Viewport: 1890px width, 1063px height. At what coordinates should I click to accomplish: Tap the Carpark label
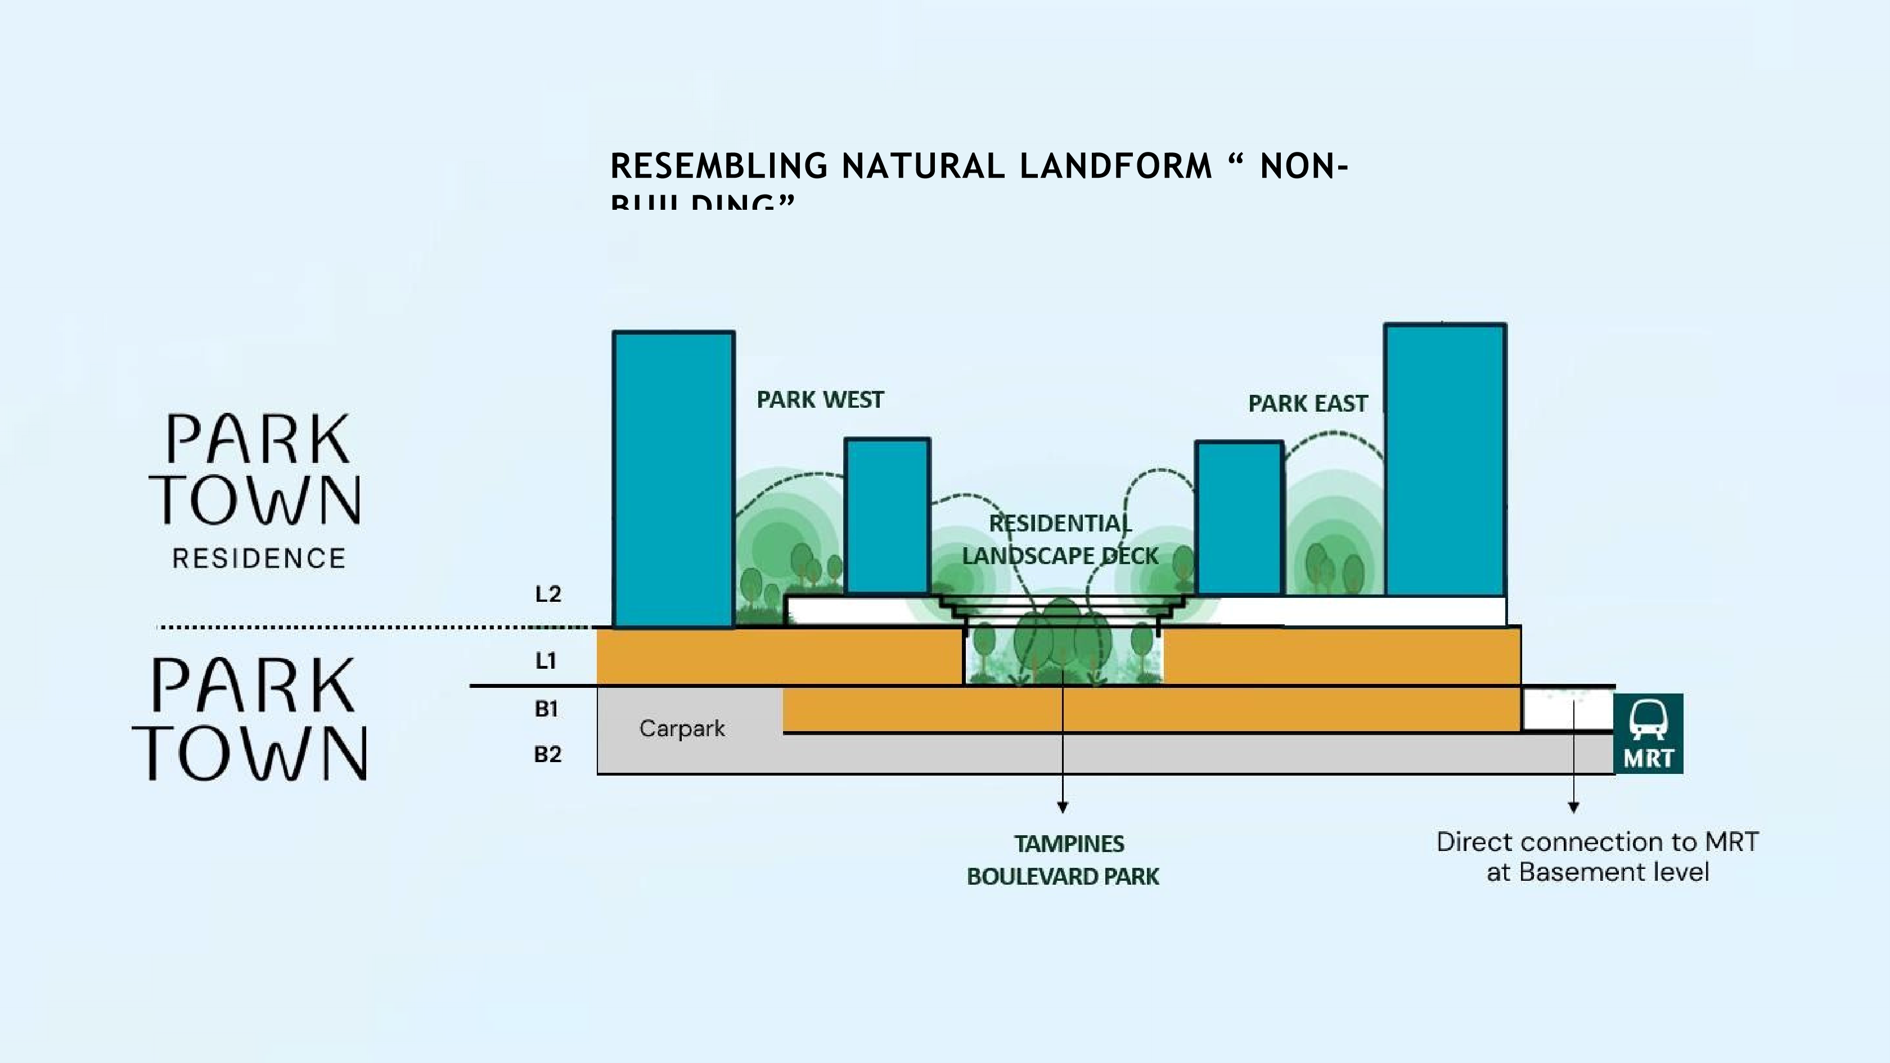[682, 728]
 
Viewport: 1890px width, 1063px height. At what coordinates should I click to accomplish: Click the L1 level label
[545, 661]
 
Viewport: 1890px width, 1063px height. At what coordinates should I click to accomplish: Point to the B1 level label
[546, 709]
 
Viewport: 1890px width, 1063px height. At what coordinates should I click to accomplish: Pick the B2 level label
[547, 754]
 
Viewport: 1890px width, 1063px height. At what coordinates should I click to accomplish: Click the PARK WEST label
[820, 400]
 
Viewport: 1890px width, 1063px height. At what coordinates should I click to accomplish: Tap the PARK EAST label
[1307, 403]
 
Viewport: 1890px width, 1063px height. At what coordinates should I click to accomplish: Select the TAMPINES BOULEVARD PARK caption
[1063, 860]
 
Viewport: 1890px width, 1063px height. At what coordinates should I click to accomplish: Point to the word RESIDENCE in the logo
[258, 559]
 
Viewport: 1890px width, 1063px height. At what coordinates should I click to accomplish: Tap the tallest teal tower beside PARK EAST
[1444, 458]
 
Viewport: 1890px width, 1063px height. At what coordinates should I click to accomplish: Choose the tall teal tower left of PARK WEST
[673, 477]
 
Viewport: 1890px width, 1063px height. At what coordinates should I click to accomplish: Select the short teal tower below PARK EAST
[1239, 517]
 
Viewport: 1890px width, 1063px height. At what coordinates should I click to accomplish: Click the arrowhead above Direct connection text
[1573, 808]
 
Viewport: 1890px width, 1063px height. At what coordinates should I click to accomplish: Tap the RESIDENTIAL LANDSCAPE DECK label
[1060, 540]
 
